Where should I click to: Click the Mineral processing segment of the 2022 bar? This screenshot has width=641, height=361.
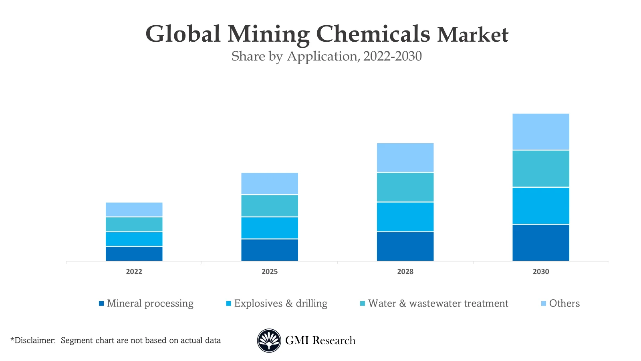[x=134, y=254]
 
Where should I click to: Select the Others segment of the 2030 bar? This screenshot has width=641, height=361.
[x=540, y=132]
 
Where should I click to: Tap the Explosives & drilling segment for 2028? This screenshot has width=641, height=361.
[x=405, y=217]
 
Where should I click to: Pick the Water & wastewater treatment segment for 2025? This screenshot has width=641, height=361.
[x=269, y=206]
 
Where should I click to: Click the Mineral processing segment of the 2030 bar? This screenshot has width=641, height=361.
[x=540, y=243]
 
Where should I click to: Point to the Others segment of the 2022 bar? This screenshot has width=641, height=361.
[x=134, y=209]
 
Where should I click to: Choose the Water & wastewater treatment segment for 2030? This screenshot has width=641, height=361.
[x=540, y=169]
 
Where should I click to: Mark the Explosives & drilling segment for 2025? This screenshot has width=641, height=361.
[x=269, y=228]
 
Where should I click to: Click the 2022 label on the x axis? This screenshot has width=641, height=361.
[x=134, y=272]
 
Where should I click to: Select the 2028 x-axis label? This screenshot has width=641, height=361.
[x=405, y=272]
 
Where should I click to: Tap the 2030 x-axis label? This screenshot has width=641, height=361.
[x=540, y=272]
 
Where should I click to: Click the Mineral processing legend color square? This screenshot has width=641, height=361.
[x=101, y=304]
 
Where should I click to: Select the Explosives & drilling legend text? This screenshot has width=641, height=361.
[x=280, y=304]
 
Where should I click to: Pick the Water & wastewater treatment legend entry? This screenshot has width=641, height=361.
[x=438, y=304]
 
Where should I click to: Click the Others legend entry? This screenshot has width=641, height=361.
[x=564, y=304]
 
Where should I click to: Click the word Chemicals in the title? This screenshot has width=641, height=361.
[x=373, y=34]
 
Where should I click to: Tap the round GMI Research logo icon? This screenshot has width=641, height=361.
[x=269, y=341]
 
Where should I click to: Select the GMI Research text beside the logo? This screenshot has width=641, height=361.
[x=320, y=341]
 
